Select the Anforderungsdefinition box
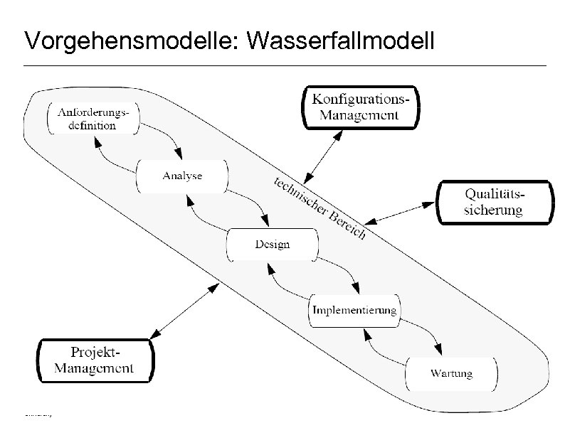tap(93, 118)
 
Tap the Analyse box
tap(182, 176)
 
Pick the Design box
tap(272, 245)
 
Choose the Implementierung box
tap(354, 311)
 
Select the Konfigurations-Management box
tap(359, 107)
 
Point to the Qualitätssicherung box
tap(493, 202)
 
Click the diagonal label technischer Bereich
tap(320, 207)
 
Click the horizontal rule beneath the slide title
tap(285, 66)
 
